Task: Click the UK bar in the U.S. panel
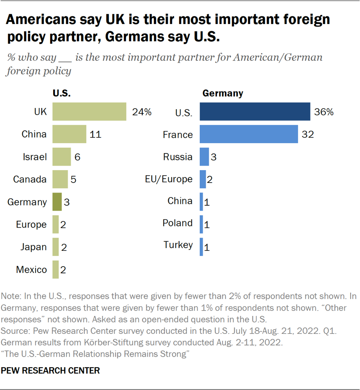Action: click(x=89, y=112)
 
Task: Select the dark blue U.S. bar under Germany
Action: click(x=255, y=112)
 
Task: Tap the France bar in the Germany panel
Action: click(x=249, y=134)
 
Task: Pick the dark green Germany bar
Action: click(x=57, y=202)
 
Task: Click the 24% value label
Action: click(x=141, y=112)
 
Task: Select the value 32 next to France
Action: click(x=308, y=135)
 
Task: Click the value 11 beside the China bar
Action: click(x=96, y=135)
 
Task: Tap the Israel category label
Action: click(x=35, y=157)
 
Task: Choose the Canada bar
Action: click(x=60, y=179)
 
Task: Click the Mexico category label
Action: click(x=31, y=270)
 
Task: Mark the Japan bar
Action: click(x=55, y=247)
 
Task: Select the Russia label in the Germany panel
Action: click(x=178, y=157)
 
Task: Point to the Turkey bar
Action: click(x=201, y=247)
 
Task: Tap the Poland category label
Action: click(x=177, y=223)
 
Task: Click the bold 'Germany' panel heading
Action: click(x=222, y=93)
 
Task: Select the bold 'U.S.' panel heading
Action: click(x=61, y=93)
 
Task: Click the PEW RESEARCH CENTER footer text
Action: click(x=51, y=371)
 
